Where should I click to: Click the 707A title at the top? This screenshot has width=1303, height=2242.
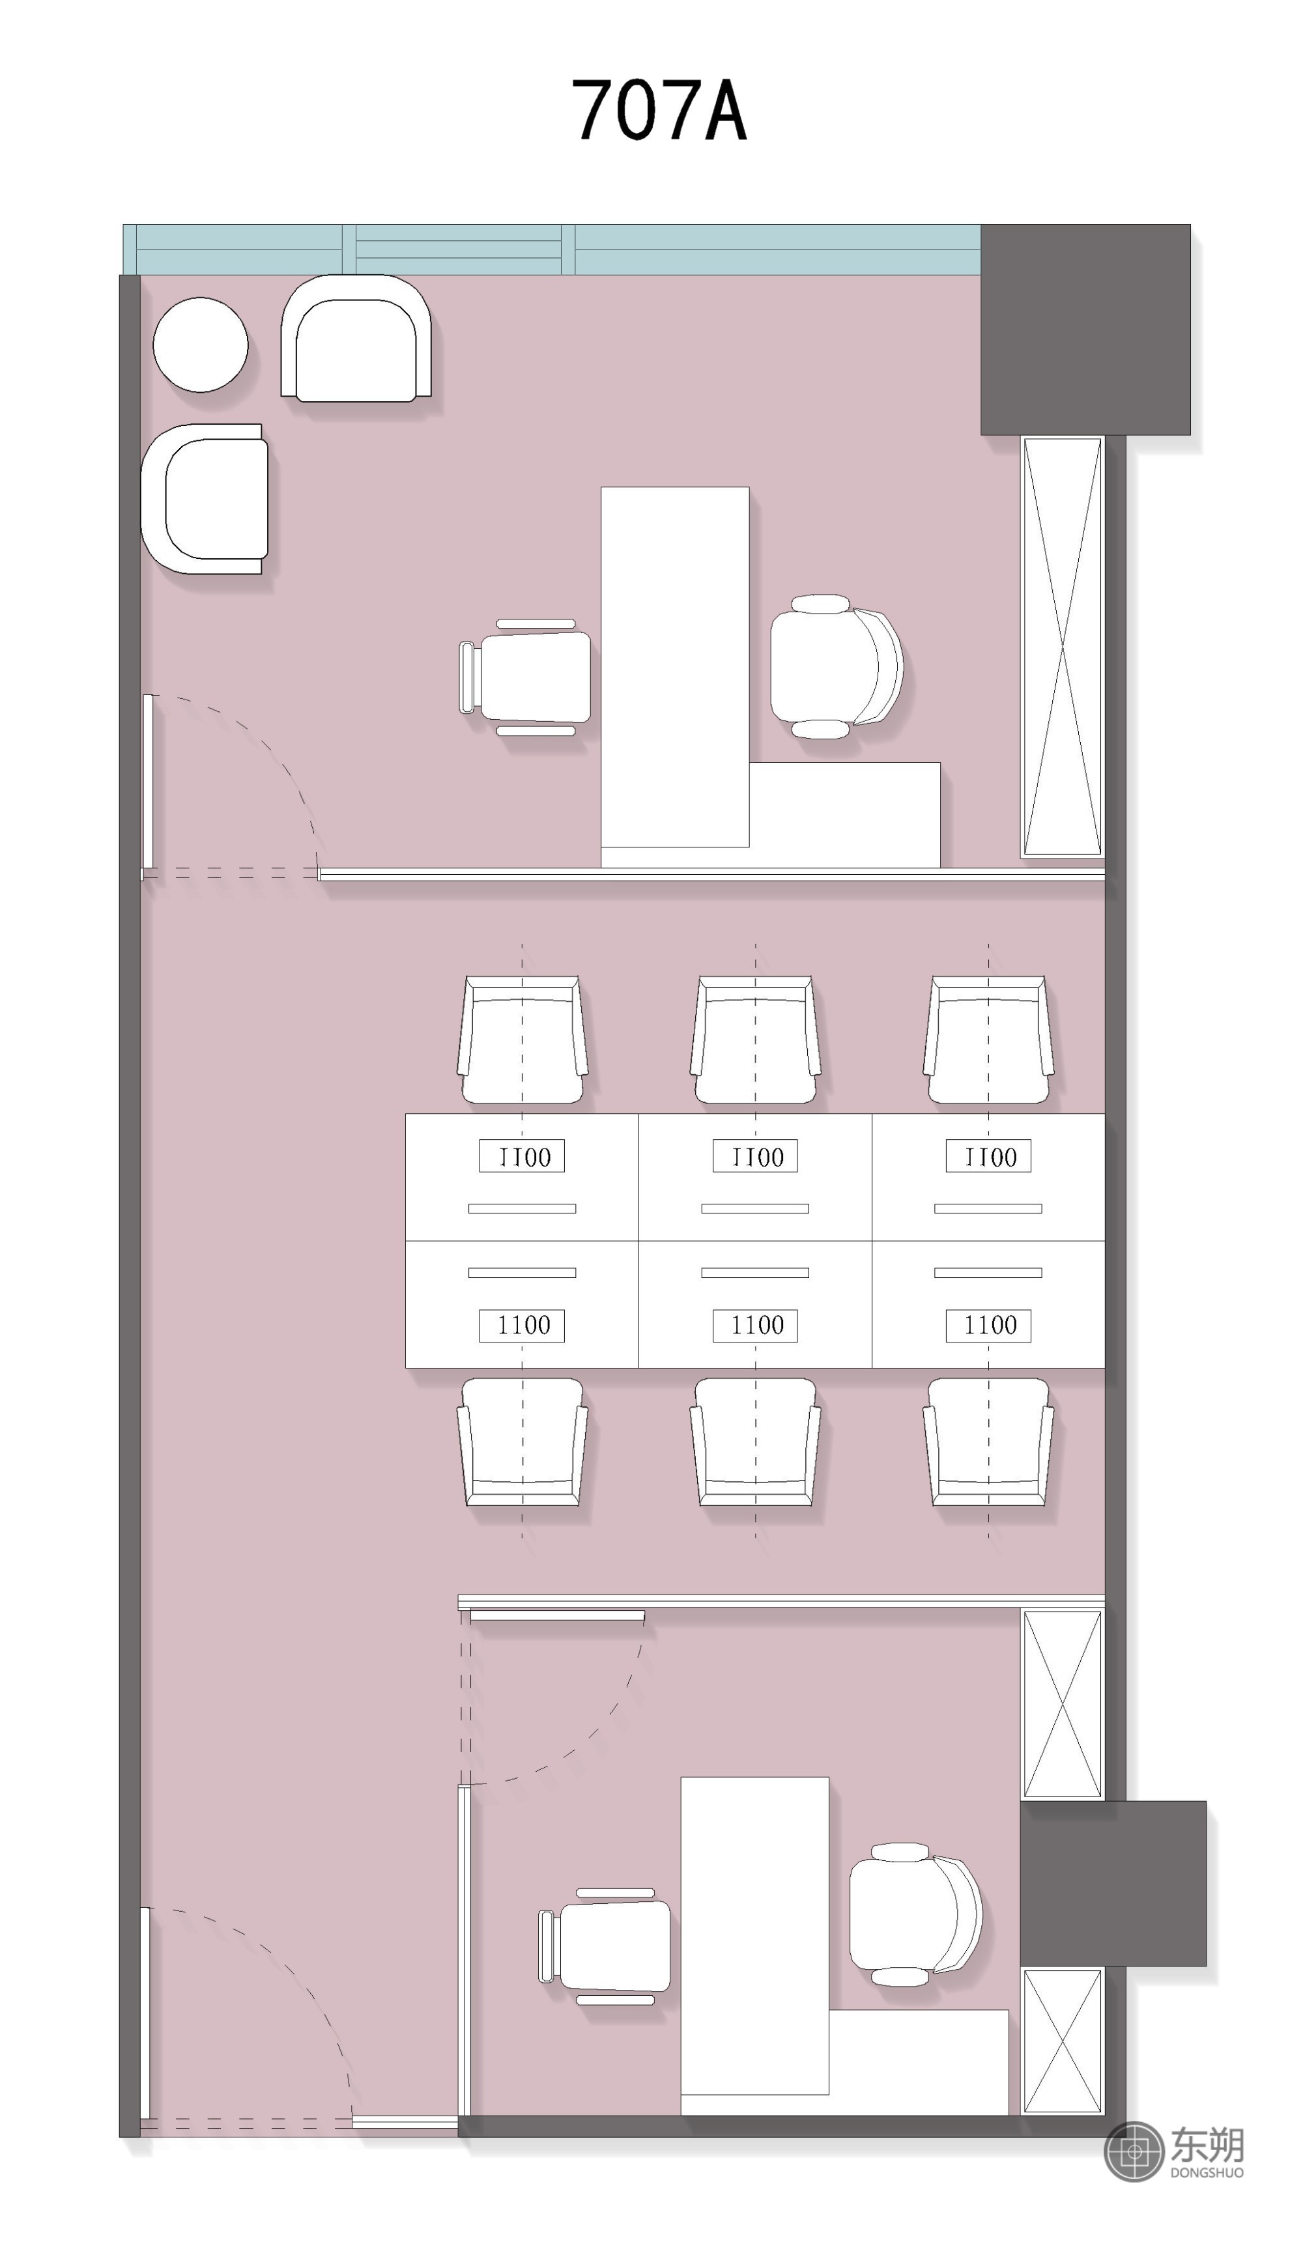tap(658, 110)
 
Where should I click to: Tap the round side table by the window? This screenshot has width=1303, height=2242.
tap(200, 345)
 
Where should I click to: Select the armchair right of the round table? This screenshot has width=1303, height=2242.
tap(356, 338)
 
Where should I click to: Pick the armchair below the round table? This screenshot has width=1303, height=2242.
tap(205, 498)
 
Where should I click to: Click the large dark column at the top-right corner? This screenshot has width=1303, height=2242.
tap(1085, 329)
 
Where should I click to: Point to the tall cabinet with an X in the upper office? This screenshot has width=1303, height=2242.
tap(1062, 647)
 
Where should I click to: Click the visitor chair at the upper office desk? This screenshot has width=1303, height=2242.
tap(525, 678)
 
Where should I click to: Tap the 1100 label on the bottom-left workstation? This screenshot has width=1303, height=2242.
tap(523, 1325)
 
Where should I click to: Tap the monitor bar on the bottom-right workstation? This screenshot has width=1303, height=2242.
tap(988, 1272)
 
